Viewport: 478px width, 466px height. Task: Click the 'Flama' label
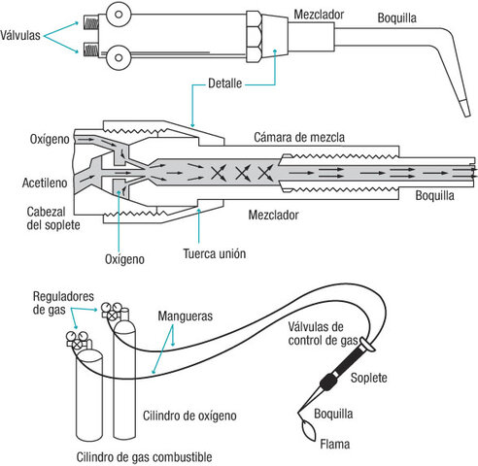pos(337,449)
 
